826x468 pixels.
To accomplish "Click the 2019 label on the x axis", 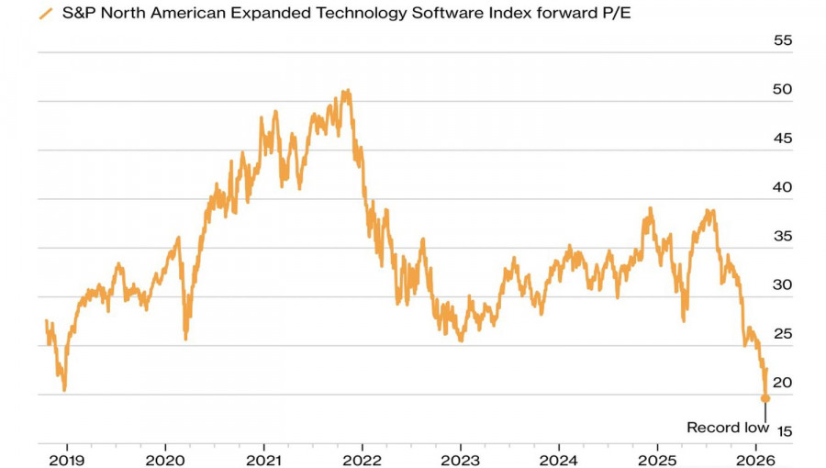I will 66,457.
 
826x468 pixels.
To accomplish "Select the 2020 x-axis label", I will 164,457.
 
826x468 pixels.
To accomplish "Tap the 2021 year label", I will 263,457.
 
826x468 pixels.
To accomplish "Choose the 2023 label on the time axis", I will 460,457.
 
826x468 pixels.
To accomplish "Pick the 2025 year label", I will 657,457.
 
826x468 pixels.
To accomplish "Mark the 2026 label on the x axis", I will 755,457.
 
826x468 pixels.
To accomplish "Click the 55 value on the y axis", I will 783,41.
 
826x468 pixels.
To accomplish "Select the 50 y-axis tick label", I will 783,90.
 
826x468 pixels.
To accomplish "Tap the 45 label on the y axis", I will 783,139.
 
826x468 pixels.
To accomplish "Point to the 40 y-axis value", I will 783,187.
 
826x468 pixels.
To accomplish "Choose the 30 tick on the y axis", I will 783,284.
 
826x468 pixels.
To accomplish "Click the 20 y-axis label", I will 783,383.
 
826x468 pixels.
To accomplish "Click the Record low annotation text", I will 727,427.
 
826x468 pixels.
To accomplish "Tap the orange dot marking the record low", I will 765,398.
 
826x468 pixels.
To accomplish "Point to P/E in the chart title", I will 613,15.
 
